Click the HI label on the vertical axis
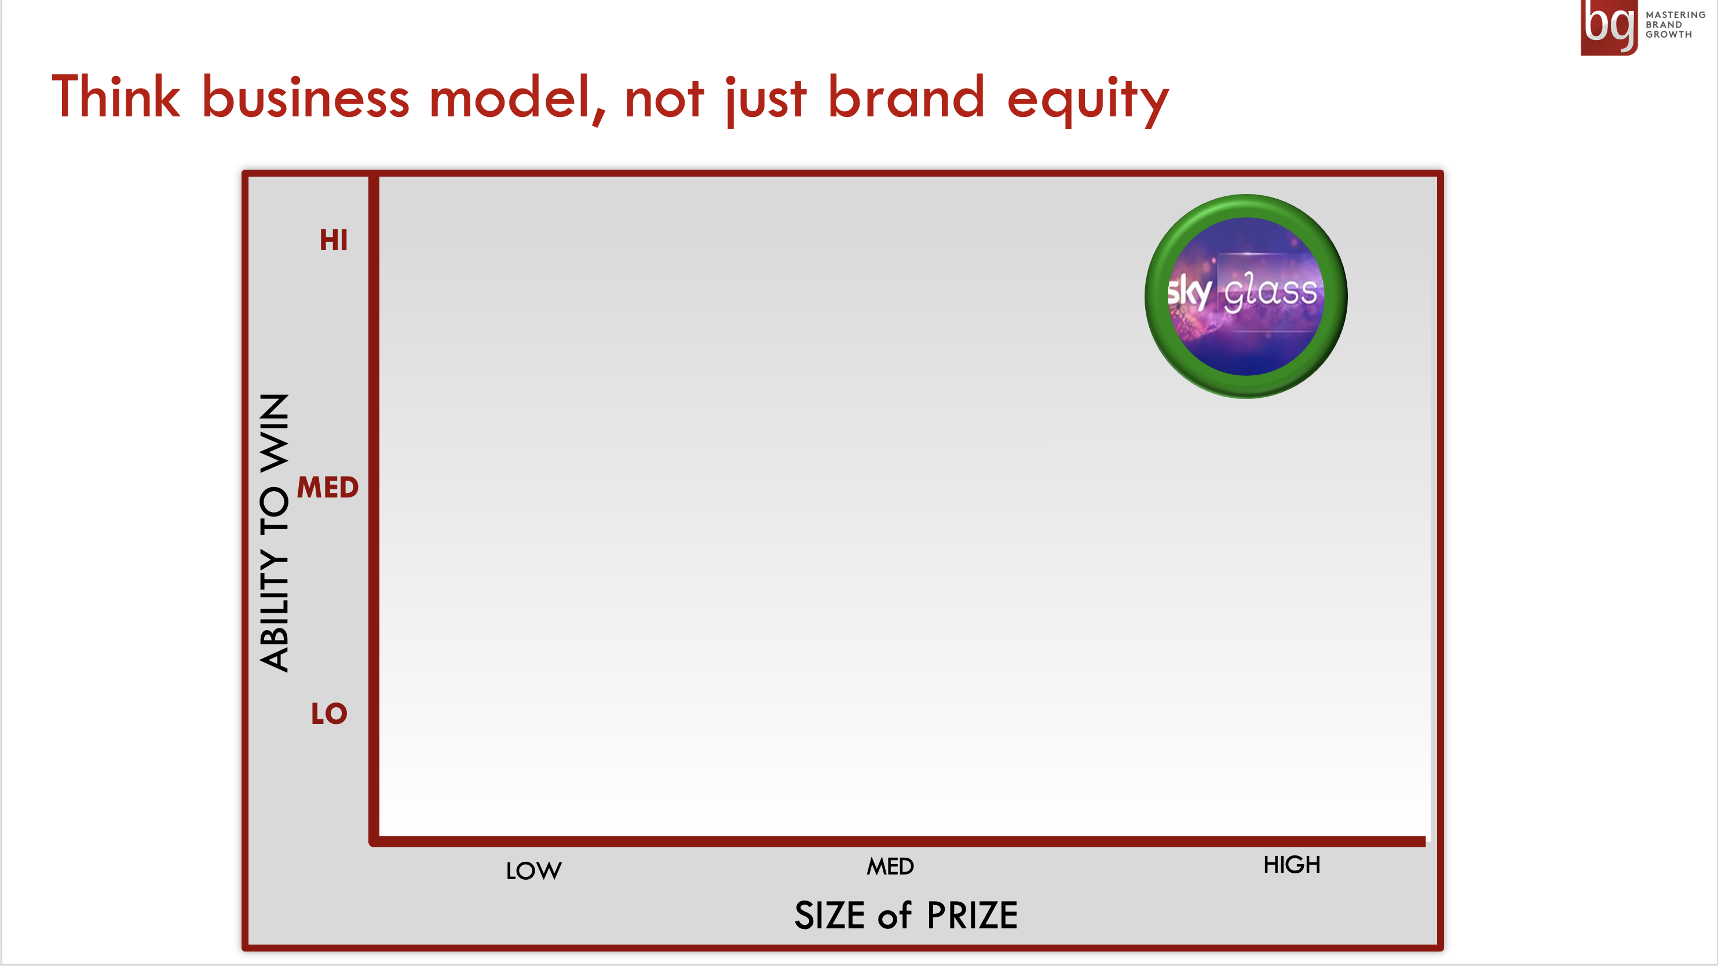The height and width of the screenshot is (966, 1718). [334, 240]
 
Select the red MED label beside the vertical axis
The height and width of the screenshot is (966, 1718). [327, 487]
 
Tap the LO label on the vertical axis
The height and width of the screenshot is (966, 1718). [330, 713]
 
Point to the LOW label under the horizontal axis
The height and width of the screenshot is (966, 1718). [533, 870]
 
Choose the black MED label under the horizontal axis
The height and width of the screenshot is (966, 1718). [890, 866]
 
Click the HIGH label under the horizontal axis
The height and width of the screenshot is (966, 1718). [1292, 865]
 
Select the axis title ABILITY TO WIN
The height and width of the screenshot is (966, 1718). [274, 533]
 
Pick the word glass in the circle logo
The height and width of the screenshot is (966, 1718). [1270, 291]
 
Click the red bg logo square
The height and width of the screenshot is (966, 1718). [1609, 27]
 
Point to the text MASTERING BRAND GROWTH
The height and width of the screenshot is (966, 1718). [1675, 25]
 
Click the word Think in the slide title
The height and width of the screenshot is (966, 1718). [116, 97]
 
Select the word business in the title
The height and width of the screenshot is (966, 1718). [305, 97]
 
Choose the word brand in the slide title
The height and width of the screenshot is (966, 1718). [906, 97]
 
